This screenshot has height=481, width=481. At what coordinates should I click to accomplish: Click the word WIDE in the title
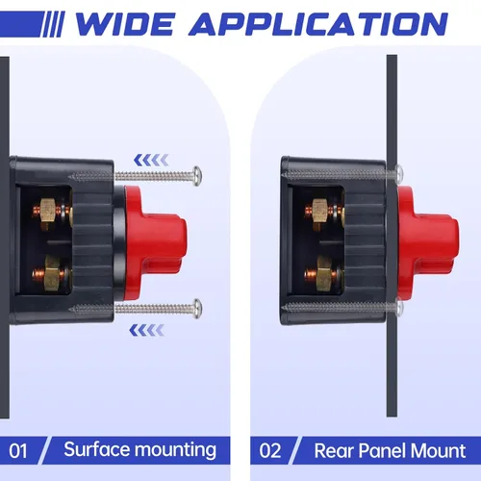tap(125, 24)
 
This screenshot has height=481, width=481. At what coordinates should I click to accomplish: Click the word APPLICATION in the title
tap(318, 24)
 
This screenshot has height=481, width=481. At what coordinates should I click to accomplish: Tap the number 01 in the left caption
tap(18, 450)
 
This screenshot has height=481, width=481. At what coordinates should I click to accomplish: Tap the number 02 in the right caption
tap(270, 450)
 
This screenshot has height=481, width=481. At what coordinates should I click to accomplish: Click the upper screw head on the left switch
tap(197, 175)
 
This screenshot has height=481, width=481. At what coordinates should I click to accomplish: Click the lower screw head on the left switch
tap(197, 309)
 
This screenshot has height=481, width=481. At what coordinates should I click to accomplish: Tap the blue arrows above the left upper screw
tap(151, 160)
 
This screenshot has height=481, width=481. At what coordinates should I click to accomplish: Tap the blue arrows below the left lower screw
tap(147, 330)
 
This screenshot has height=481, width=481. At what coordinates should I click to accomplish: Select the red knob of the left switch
tap(155, 242)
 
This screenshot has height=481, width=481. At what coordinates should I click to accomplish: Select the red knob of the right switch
tap(427, 242)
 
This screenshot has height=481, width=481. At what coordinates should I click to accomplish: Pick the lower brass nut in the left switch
tap(51, 273)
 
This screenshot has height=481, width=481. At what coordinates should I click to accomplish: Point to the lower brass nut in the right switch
tap(324, 273)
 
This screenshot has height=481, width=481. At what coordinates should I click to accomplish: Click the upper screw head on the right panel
tap(399, 173)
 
